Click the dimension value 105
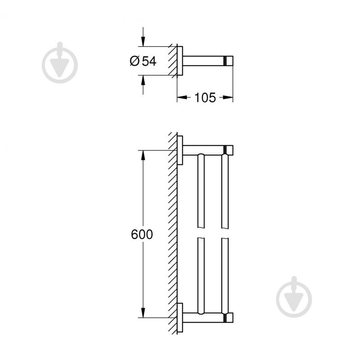[205, 97]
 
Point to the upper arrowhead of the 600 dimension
[143, 155]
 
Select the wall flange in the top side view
[180, 61]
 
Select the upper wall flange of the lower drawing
[180, 150]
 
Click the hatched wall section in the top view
[173, 61]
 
